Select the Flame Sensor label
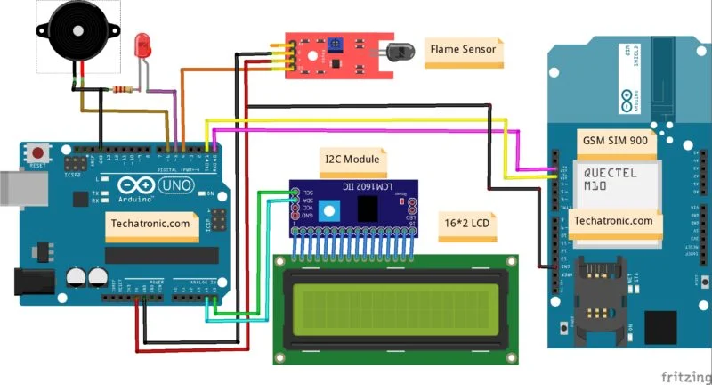[x=463, y=50]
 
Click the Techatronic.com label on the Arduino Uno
[x=152, y=224]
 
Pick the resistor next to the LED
[x=122, y=89]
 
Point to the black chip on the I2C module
[x=365, y=209]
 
